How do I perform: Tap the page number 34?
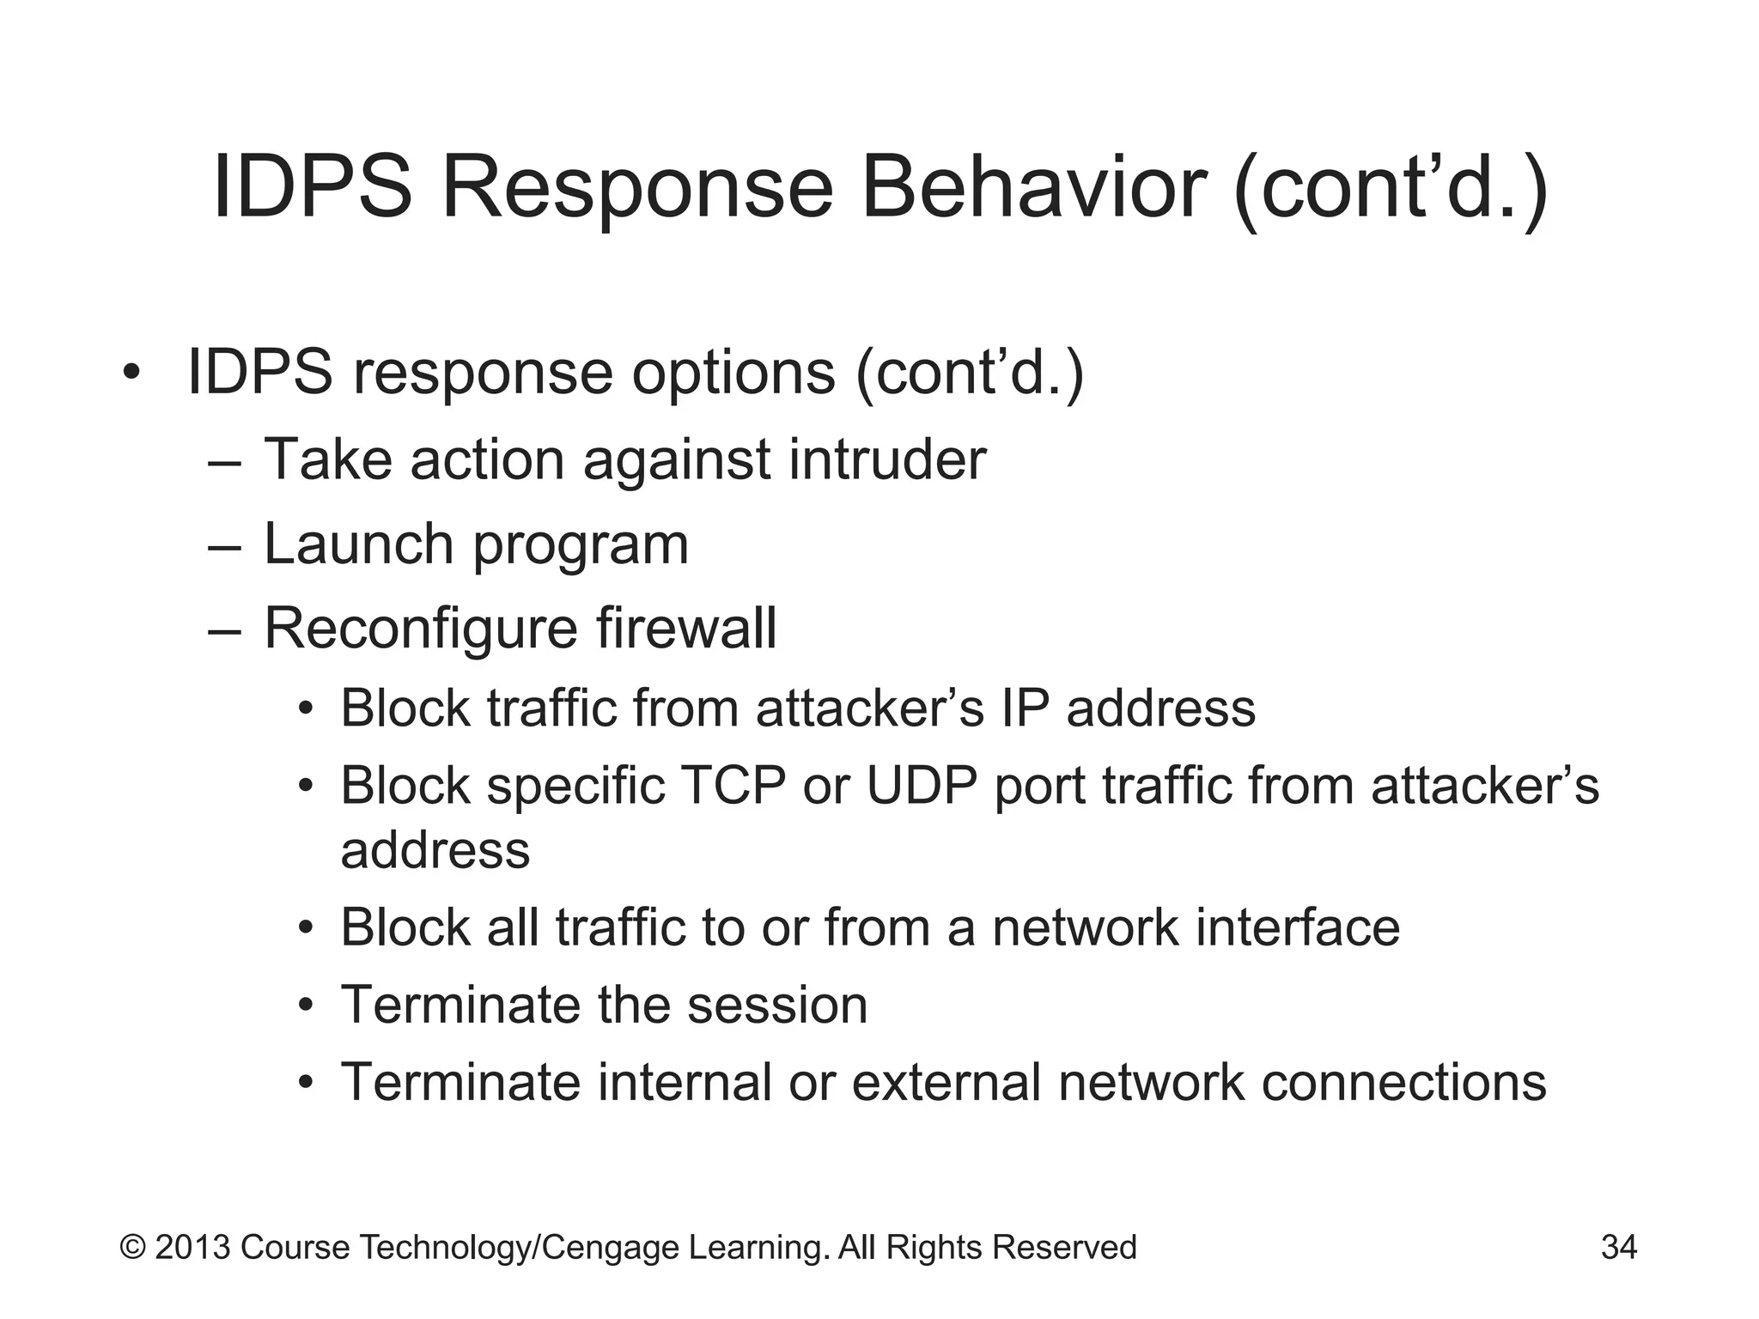click(1618, 1247)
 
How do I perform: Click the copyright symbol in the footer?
click(132, 1247)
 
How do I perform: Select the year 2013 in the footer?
click(192, 1247)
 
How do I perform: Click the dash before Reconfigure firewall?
click(224, 630)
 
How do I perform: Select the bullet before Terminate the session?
click(307, 1006)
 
